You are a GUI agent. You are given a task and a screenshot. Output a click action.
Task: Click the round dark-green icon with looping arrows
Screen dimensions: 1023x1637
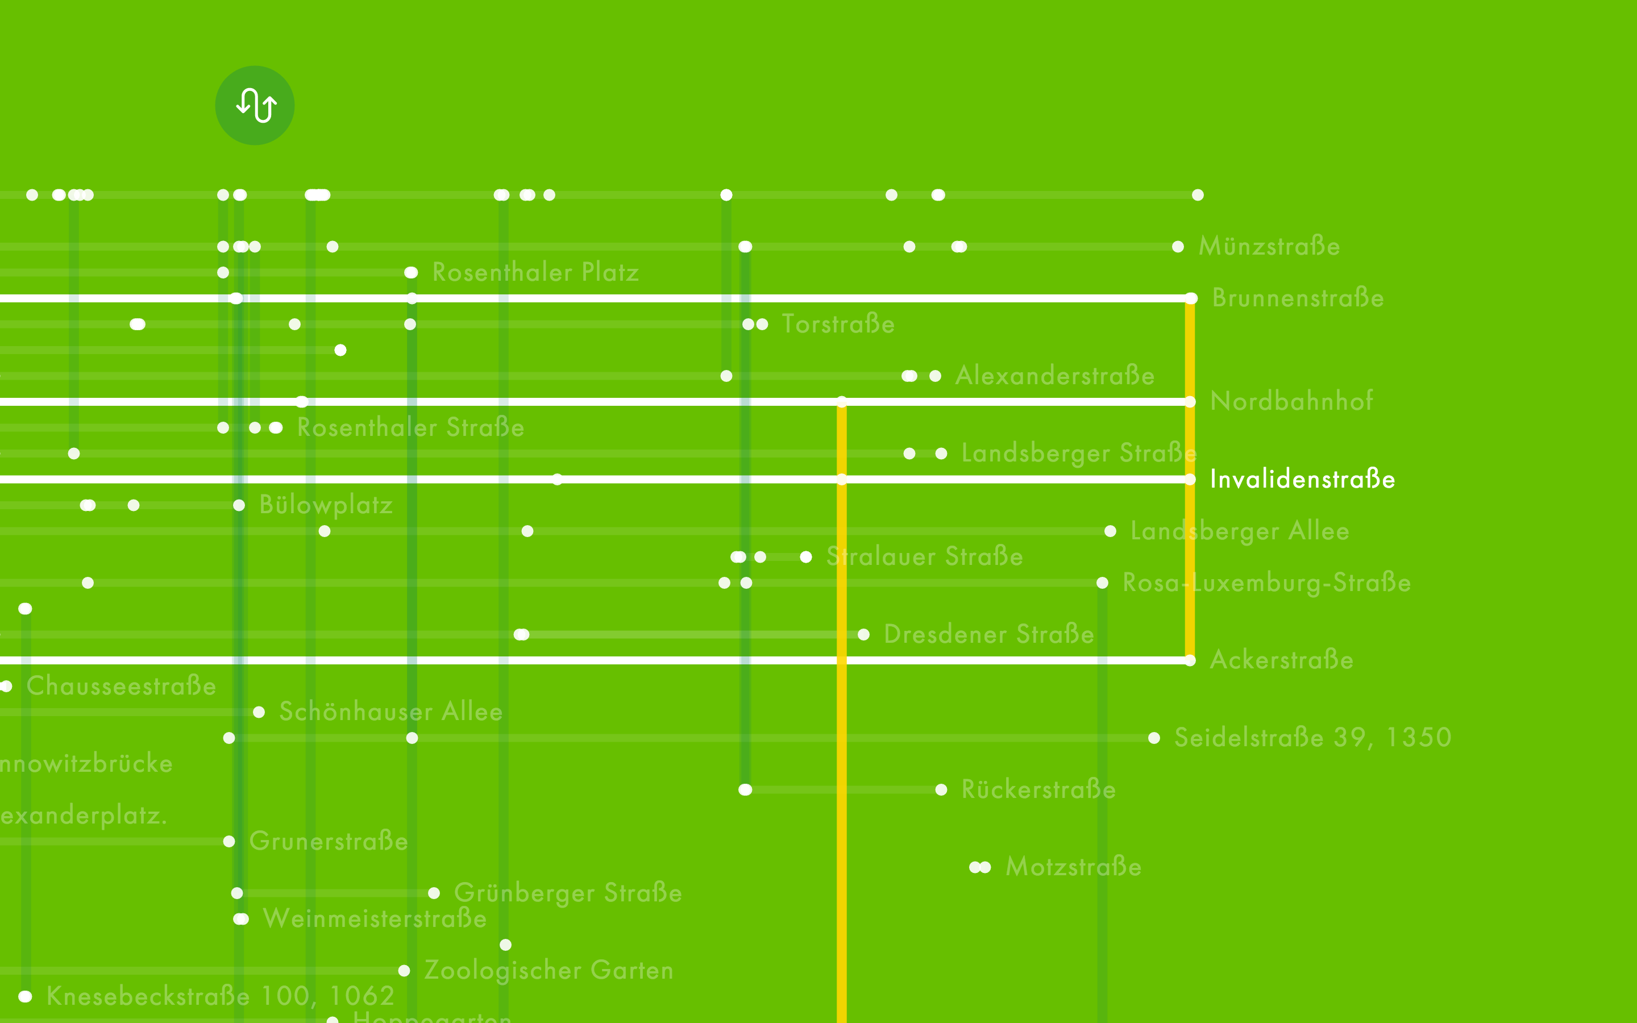(254, 106)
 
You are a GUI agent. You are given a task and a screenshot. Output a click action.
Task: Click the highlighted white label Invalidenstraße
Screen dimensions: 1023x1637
(1302, 479)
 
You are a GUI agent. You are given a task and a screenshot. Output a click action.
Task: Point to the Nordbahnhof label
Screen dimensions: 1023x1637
(1291, 401)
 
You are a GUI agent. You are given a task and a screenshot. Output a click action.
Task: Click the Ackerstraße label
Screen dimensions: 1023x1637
(1281, 660)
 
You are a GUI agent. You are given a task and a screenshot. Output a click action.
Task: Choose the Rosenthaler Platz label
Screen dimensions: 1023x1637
(535, 273)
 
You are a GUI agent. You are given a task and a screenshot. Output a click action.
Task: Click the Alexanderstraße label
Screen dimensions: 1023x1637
(1054, 376)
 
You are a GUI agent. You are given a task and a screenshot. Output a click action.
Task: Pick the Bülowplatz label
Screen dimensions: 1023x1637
(325, 505)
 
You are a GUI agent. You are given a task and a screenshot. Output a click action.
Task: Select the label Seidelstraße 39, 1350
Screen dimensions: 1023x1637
(1312, 738)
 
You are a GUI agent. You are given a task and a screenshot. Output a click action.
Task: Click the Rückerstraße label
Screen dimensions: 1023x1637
(1038, 789)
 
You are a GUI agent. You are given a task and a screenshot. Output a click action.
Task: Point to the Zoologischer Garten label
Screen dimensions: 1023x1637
(548, 970)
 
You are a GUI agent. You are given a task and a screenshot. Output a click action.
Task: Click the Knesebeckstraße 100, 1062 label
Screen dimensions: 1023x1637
(220, 996)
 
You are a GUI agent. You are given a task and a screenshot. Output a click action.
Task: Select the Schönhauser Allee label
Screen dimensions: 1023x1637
(390, 712)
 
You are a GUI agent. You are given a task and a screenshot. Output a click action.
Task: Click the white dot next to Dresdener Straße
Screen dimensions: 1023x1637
(863, 635)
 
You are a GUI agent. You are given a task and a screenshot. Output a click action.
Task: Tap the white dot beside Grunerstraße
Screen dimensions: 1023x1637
(228, 842)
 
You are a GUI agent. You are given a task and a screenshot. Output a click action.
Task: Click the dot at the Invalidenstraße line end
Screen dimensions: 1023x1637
(1190, 479)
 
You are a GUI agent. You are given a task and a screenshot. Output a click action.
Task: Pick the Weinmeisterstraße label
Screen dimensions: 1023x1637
(374, 919)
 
